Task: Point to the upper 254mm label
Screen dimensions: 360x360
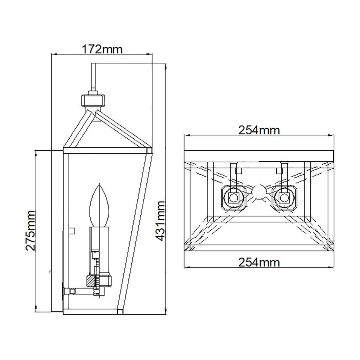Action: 259,130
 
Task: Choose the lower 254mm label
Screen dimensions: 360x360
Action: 259,262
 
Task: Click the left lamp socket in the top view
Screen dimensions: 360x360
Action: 233,198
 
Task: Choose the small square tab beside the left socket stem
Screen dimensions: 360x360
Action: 239,170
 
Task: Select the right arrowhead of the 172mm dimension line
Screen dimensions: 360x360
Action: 151,54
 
